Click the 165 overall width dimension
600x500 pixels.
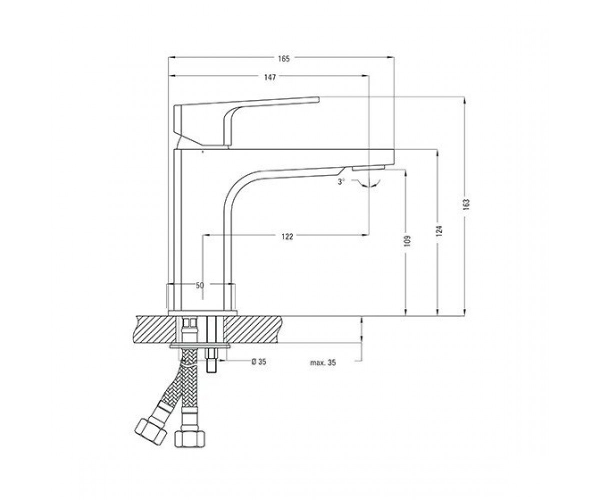[283, 58]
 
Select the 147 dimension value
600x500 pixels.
[270, 77]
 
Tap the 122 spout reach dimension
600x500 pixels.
[287, 236]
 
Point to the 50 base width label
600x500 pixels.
[199, 285]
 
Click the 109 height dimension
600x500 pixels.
[408, 241]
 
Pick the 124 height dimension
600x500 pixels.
[439, 231]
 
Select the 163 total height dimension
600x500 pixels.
[466, 204]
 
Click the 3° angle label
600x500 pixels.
[341, 181]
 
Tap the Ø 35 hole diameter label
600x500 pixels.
[259, 361]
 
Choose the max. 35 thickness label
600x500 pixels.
[322, 362]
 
